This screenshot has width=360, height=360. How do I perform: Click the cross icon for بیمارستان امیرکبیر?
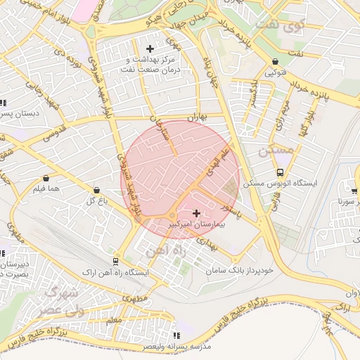195,212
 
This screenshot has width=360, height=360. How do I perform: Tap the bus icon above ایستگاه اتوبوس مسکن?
280,172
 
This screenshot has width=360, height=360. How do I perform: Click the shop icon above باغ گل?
96,190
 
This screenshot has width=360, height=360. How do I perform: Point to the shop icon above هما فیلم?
46,178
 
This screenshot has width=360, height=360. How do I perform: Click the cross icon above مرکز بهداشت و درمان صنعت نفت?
150,48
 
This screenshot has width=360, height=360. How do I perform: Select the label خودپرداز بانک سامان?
239,270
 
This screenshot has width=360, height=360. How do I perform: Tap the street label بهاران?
199,118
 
